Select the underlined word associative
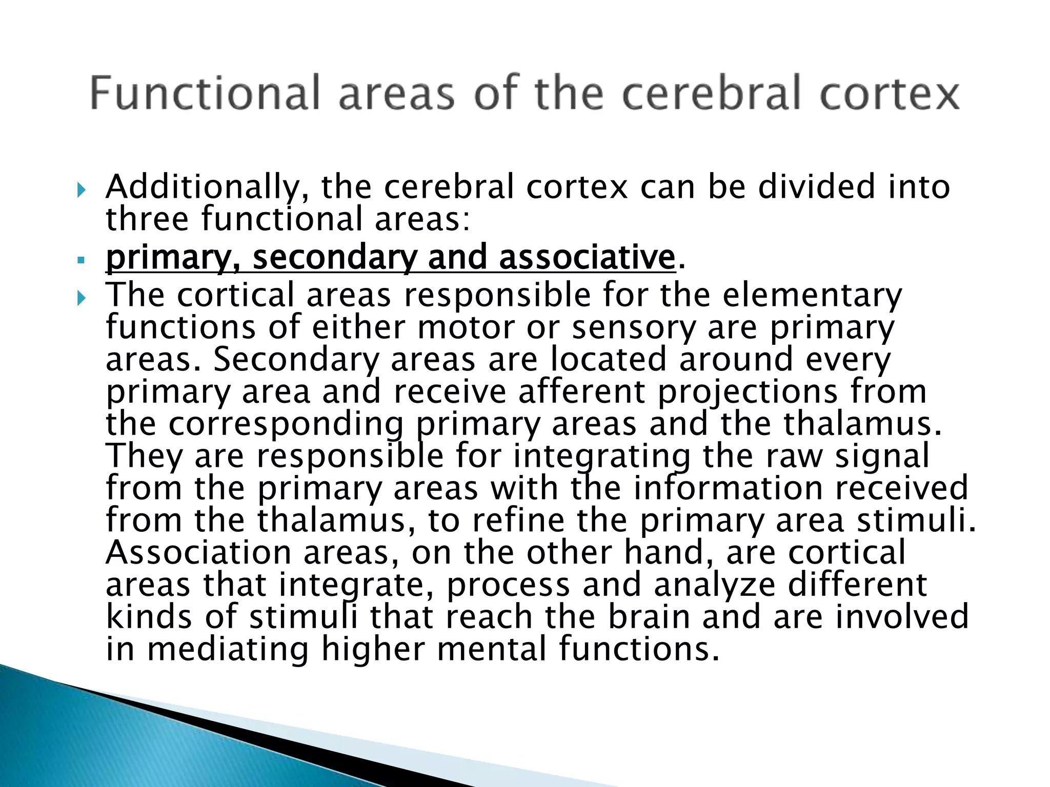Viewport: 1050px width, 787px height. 587,257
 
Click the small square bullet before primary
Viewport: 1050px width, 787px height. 80,260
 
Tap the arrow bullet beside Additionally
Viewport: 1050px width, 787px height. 82,191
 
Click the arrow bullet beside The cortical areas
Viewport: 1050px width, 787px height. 82,298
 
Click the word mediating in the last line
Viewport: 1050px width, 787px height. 228,650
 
